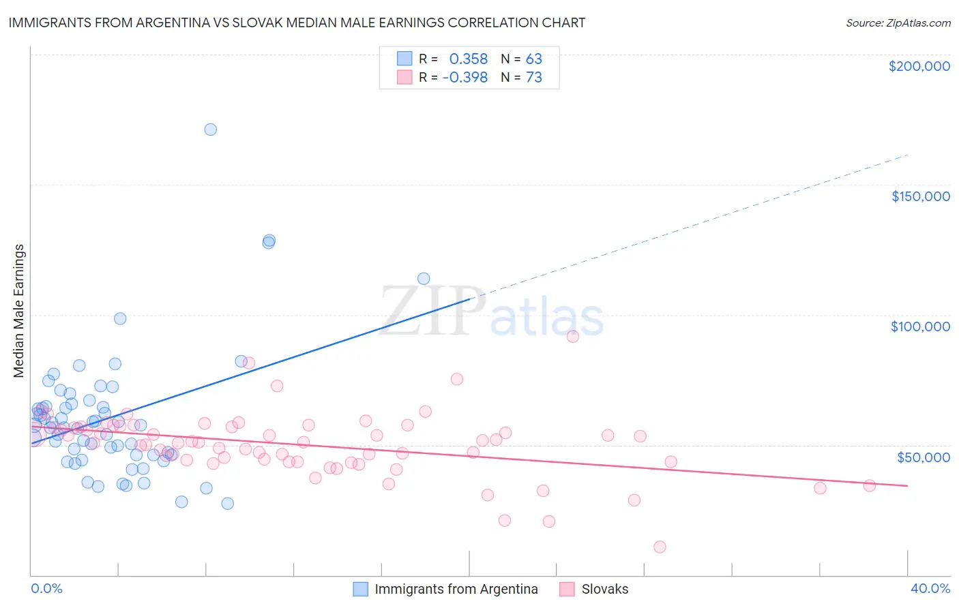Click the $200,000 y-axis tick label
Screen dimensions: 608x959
pyautogui.click(x=919, y=66)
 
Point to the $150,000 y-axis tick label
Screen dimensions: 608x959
pyautogui.click(x=920, y=196)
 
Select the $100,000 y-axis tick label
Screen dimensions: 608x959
pyautogui.click(x=920, y=326)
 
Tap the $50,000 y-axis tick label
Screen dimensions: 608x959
pyautogui.click(x=923, y=457)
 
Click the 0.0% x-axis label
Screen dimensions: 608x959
pyautogui.click(x=46, y=588)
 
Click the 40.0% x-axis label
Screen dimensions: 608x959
pyautogui.click(x=930, y=588)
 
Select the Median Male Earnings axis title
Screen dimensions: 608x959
pyautogui.click(x=19, y=311)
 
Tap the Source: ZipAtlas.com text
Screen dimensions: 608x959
pyautogui.click(x=898, y=22)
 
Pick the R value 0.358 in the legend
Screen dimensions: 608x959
pyautogui.click(x=468, y=59)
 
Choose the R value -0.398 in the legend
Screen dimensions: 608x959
pyautogui.click(x=464, y=77)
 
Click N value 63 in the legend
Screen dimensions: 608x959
pyautogui.click(x=533, y=59)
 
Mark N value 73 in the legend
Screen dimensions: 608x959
pyautogui.click(x=533, y=77)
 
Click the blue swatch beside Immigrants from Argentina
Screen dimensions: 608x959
pyautogui.click(x=360, y=589)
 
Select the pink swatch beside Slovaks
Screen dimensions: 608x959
pyautogui.click(x=567, y=589)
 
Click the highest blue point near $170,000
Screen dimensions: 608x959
pyautogui.click(x=211, y=130)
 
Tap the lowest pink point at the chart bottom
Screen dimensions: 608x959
pyautogui.click(x=660, y=547)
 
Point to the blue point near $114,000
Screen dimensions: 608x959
pyautogui.click(x=424, y=278)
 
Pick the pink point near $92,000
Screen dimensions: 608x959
pyautogui.click(x=573, y=336)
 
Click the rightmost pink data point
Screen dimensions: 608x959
pyautogui.click(x=869, y=486)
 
